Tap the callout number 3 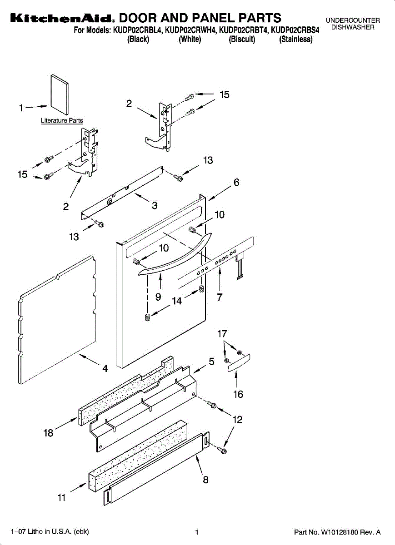click(155, 205)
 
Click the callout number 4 click(105, 369)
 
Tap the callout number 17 click(222, 334)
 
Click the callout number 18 click(48, 433)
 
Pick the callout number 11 click(62, 498)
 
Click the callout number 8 click(205, 479)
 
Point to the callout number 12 click(237, 420)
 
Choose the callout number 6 click(236, 183)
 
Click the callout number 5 click(211, 362)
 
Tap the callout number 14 click(176, 301)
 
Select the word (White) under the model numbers click(190, 40)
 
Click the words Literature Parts click(62, 121)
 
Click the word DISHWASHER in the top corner click(353, 28)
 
